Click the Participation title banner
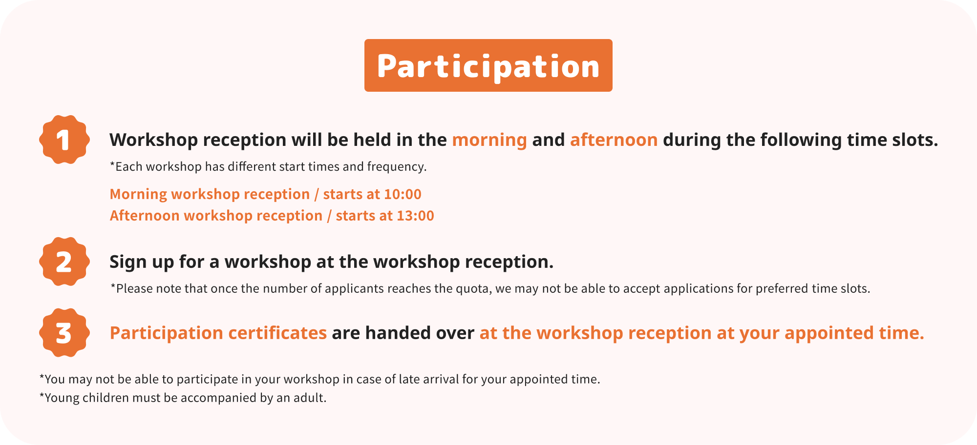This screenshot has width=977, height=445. [x=488, y=65]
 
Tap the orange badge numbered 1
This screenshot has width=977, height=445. [x=64, y=140]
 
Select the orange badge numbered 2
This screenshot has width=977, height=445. [x=64, y=262]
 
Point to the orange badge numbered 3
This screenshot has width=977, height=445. [x=64, y=333]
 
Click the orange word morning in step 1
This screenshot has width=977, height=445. [x=489, y=140]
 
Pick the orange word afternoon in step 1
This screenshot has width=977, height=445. [x=614, y=140]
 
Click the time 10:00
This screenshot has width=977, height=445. [x=403, y=194]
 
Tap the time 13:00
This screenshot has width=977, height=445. [x=415, y=216]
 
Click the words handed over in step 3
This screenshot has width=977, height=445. [x=420, y=333]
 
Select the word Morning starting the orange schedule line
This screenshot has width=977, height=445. [x=139, y=194]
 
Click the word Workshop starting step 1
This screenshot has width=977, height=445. [x=153, y=140]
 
